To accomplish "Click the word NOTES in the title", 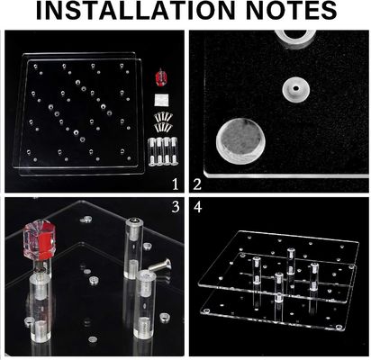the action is (293, 11).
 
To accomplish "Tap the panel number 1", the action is (176, 184).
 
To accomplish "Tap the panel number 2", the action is (197, 184).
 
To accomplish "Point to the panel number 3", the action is (176, 207).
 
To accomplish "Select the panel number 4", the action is (198, 207).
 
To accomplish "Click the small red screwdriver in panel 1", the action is (161, 78).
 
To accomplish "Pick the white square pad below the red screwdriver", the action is (161, 100).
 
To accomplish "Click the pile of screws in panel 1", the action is (162, 121).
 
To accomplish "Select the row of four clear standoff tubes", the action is (163, 151).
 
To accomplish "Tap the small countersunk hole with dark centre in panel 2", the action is (295, 89).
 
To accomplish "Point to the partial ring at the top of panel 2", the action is (295, 38).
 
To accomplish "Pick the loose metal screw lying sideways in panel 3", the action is (160, 265).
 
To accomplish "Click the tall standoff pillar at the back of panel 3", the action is (132, 247).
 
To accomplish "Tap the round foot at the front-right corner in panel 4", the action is (339, 328).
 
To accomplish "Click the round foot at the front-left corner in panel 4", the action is (206, 310).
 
